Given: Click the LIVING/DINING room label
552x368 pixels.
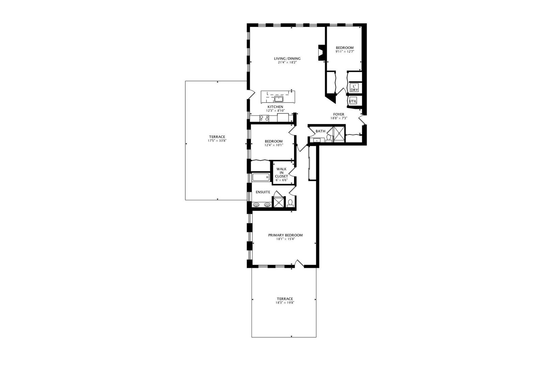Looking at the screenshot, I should point(287,58).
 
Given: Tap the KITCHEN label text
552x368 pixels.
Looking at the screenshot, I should point(275,107).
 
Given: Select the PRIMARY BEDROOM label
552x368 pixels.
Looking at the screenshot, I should point(285,235).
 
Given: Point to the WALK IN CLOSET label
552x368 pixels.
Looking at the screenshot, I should point(281,172).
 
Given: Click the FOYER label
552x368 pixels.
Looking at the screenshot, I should point(339,114).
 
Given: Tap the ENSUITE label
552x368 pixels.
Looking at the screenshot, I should point(263,192).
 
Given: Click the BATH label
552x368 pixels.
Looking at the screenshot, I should point(320,131).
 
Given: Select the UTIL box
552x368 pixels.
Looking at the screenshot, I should point(353,101).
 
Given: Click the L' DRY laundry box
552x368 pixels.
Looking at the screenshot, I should point(354,88).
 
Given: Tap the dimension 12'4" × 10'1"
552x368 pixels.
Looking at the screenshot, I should point(274,145).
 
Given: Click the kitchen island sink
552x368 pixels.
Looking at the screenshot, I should point(279,99).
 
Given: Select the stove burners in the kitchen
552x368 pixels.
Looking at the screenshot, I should point(264,119).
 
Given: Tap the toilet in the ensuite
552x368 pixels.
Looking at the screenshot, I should point(290,203).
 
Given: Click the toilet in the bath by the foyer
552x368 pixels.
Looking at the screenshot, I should point(329,138).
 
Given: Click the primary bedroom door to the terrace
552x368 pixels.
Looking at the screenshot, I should point(299,263).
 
